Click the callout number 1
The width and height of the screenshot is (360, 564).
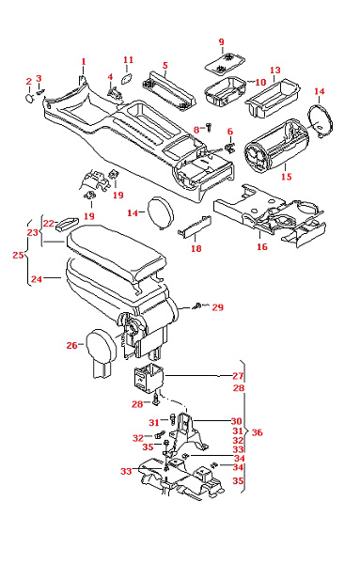pyautogui.click(x=84, y=62)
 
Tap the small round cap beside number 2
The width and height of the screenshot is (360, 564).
pyautogui.click(x=29, y=98)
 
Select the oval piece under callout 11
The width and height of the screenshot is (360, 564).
pyautogui.click(x=126, y=78)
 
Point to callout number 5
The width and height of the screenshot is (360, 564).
pyautogui.click(x=165, y=66)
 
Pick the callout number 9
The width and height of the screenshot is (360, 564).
pyautogui.click(x=221, y=42)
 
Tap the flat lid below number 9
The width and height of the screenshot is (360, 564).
pyautogui.click(x=226, y=64)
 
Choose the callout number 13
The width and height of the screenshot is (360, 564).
pyautogui.click(x=275, y=70)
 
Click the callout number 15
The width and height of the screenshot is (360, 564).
pyautogui.click(x=287, y=177)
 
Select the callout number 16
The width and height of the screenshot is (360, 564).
pyautogui.click(x=262, y=246)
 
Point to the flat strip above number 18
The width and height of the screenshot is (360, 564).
pyautogui.click(x=195, y=227)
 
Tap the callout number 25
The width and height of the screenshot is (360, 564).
pyautogui.click(x=19, y=255)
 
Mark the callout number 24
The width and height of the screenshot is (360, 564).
pyautogui.click(x=37, y=279)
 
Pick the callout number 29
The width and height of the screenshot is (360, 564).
pyautogui.click(x=217, y=307)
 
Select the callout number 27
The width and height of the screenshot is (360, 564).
pyautogui.click(x=238, y=376)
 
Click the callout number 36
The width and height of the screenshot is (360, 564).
pyautogui.click(x=258, y=432)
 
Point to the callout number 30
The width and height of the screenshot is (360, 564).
pyautogui.click(x=236, y=421)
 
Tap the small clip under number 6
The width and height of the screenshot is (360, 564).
pyautogui.click(x=229, y=148)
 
